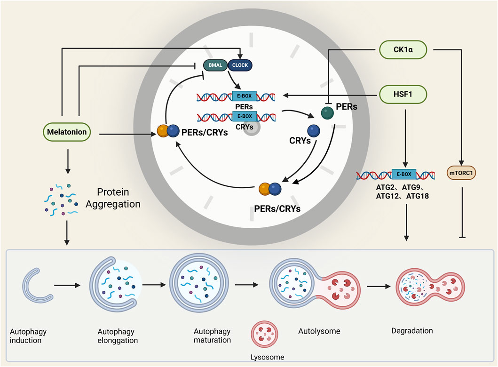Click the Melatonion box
pos(67,132)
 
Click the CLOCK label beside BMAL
pos(240,65)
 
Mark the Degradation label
pos(412,331)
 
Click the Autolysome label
pos(319,331)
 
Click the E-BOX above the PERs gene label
pos(245,96)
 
